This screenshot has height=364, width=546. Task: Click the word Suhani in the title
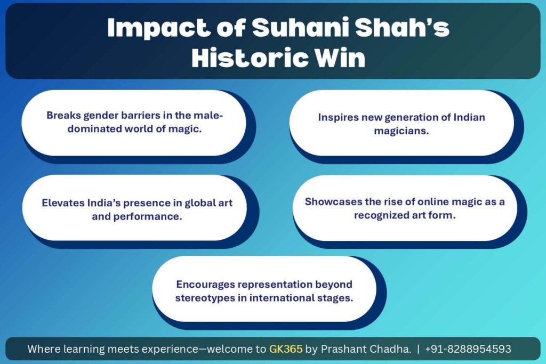[x=300, y=28]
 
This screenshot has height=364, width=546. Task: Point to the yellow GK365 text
[x=286, y=349]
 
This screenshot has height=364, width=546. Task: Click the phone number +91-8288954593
[x=468, y=349]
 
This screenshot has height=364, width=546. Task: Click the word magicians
[x=402, y=131]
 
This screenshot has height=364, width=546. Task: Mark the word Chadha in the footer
[x=389, y=349]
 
